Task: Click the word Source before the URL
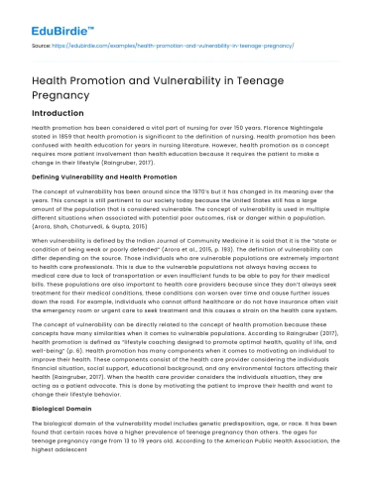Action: pyautogui.click(x=40, y=45)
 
